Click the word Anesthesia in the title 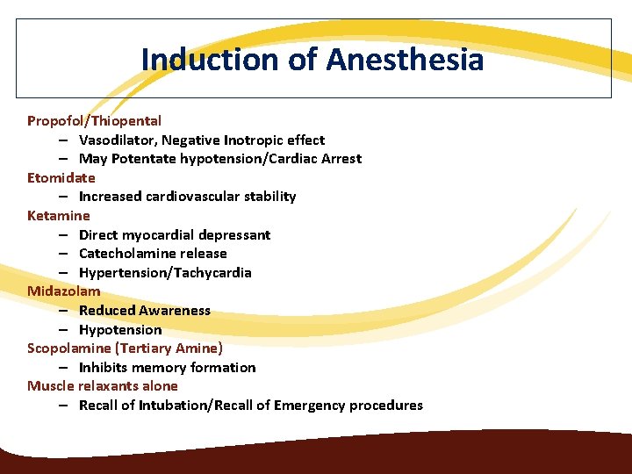(x=405, y=60)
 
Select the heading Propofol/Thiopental (x=94, y=121)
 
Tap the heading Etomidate (x=61, y=177)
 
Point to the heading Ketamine (x=58, y=215)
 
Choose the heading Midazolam (x=63, y=291)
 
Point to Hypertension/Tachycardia (x=165, y=273)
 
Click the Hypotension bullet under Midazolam (x=120, y=330)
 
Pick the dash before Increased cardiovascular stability (x=66, y=197)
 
